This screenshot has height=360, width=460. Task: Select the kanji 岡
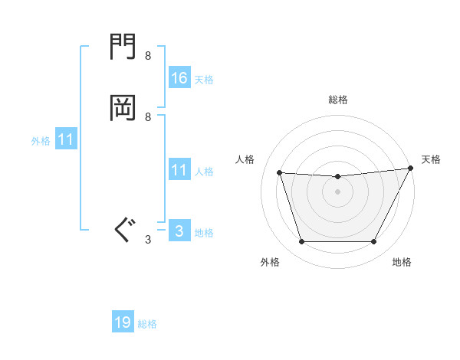(123, 109)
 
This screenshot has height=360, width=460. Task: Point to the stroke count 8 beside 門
(148, 56)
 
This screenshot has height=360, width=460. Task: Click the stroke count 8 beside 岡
(148, 116)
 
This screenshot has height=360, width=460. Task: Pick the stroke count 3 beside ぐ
(148, 240)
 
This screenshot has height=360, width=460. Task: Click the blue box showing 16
(179, 77)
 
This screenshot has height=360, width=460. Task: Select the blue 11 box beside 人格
(179, 170)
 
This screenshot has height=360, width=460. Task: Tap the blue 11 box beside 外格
(65, 139)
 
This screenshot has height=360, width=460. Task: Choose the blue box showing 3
(179, 231)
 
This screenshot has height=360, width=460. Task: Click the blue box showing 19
(122, 322)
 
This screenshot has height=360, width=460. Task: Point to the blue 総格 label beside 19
(147, 324)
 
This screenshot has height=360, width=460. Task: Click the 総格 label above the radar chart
(337, 100)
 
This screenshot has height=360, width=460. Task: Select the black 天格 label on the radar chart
(431, 159)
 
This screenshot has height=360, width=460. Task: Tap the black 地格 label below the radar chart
(402, 262)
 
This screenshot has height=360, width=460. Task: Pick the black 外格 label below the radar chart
(270, 262)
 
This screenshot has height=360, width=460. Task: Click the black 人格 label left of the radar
(245, 159)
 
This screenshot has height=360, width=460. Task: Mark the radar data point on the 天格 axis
(412, 169)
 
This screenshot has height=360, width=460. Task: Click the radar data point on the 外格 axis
(301, 242)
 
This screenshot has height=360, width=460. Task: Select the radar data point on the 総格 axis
(337, 177)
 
